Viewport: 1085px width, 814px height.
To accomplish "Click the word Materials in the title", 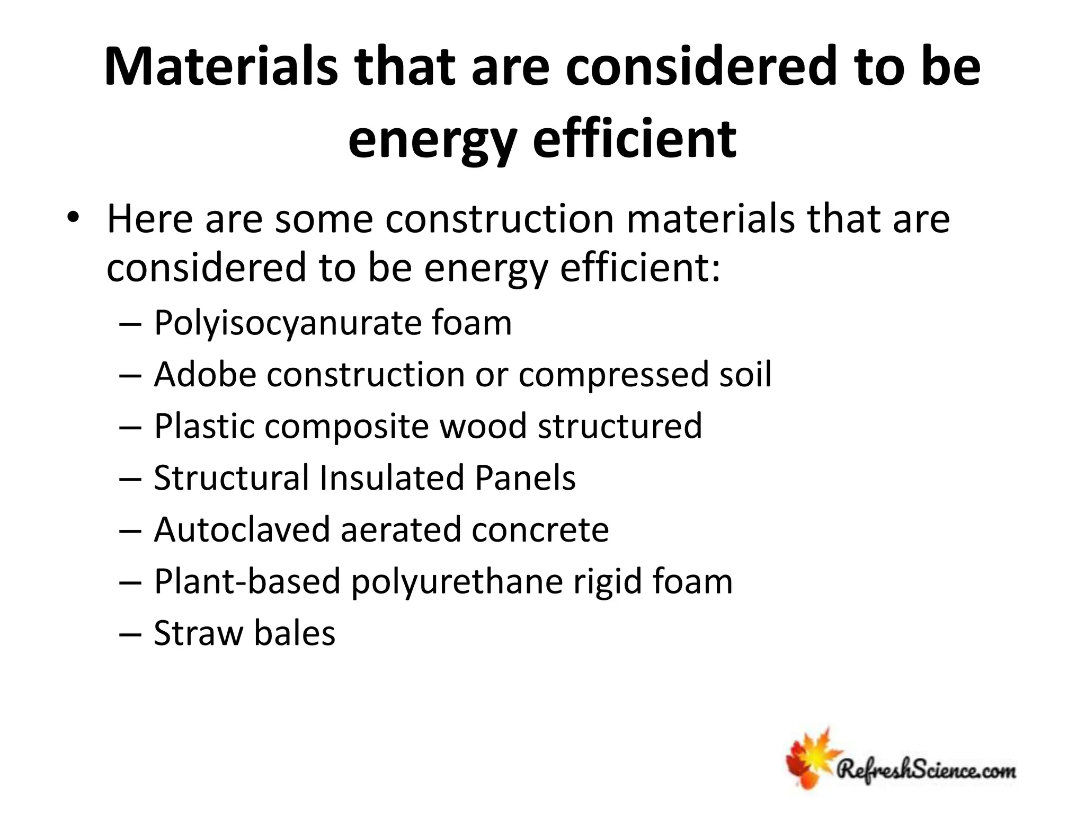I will (x=221, y=68).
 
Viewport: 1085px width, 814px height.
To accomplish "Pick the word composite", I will (x=346, y=426).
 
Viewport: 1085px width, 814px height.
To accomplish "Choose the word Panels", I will (x=524, y=478).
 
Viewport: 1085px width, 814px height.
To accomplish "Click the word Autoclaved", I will (x=242, y=529).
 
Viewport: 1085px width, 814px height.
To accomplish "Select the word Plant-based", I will (x=247, y=581).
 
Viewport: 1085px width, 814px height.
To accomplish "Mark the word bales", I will (x=295, y=633).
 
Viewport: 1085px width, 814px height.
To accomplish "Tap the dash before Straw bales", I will (x=130, y=634).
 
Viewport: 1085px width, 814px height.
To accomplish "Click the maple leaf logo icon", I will (x=811, y=758).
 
